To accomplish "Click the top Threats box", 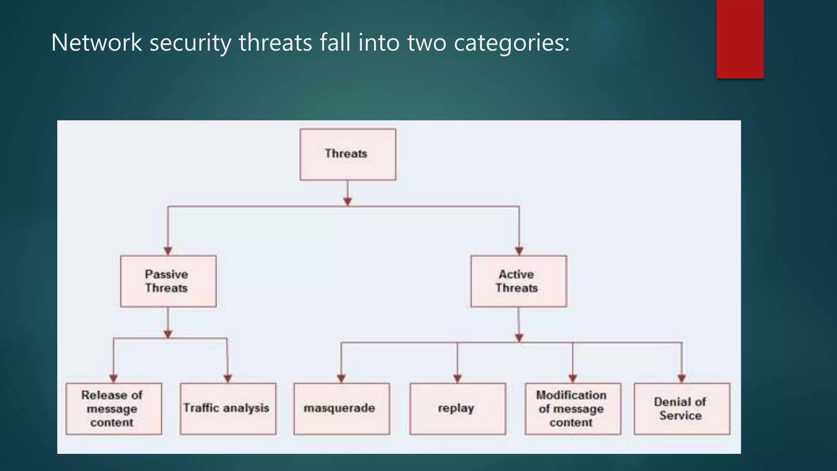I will pos(347,154).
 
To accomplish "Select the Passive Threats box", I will pos(168,281).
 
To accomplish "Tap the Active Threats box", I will pos(518,281).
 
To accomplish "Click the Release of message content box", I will pos(113,408).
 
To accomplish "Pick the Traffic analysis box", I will pos(228,408).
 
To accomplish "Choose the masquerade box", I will pos(341,408).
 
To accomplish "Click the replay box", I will pos(457,408).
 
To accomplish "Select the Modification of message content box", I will pos(573,408).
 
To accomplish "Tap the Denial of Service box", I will pos(682,408).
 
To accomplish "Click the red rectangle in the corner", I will pos(740,39).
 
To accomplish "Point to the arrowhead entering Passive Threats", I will pos(168,251).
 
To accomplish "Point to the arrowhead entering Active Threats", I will pos(519,251).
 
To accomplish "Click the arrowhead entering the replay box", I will pos(457,378).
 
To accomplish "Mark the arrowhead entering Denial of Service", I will pos(681,378).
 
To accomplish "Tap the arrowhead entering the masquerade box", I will pos(341,378).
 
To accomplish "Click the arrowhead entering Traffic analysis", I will pos(228,378).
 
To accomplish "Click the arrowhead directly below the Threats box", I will pos(347,201).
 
